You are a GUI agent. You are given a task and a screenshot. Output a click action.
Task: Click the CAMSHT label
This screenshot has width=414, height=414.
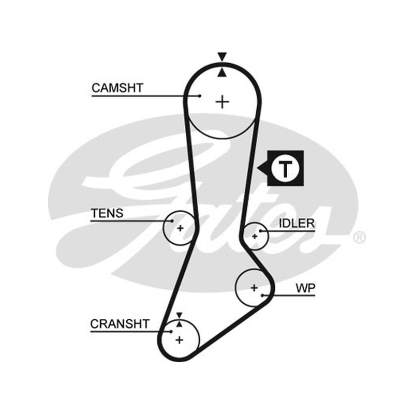pyautogui.click(x=117, y=88)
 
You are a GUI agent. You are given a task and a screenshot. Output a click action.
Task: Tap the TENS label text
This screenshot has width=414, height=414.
pyautogui.click(x=107, y=213)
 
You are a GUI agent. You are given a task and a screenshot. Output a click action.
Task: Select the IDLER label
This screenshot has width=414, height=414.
pyautogui.click(x=297, y=224)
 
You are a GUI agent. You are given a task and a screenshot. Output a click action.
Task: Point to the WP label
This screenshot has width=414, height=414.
pyautogui.click(x=305, y=288)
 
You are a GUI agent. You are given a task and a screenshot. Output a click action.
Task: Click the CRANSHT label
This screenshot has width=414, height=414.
pyautogui.click(x=120, y=324)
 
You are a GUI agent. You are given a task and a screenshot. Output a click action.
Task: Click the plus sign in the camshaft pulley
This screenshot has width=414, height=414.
pyautogui.click(x=223, y=102)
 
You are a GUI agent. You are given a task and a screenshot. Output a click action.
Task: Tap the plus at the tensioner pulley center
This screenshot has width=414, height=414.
pyautogui.click(x=180, y=228)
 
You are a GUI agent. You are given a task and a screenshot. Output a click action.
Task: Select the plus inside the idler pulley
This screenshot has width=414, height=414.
pyautogui.click(x=255, y=236)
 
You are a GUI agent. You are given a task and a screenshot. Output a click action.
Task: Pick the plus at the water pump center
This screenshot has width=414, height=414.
pyautogui.click(x=254, y=288)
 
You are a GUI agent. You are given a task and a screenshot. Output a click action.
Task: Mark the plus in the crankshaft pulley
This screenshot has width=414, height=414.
pyautogui.click(x=179, y=340)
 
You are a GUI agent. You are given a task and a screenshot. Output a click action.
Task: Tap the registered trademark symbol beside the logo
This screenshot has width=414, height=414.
pyautogui.click(x=359, y=238)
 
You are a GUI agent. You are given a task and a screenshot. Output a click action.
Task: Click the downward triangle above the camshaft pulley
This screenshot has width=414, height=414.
pyautogui.click(x=222, y=56)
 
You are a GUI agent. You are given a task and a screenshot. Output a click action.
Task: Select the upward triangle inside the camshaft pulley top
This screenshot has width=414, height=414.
pyautogui.click(x=222, y=73)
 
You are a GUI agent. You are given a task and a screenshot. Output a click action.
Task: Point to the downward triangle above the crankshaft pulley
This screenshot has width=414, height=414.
pyautogui.click(x=179, y=315)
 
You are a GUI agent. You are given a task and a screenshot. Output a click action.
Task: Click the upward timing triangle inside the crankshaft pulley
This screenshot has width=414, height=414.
pyautogui.click(x=179, y=324)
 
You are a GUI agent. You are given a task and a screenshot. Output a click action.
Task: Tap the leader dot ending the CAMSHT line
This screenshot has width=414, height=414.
pyautogui.click(x=200, y=96)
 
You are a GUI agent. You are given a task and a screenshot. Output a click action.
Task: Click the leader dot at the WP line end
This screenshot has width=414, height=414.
pyautogui.click(x=262, y=295)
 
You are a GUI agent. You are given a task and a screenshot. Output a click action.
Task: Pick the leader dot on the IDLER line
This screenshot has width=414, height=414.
pyautogui.click(x=260, y=231)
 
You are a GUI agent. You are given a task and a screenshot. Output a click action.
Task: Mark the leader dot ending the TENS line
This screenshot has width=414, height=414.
pyautogui.click(x=172, y=221)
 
